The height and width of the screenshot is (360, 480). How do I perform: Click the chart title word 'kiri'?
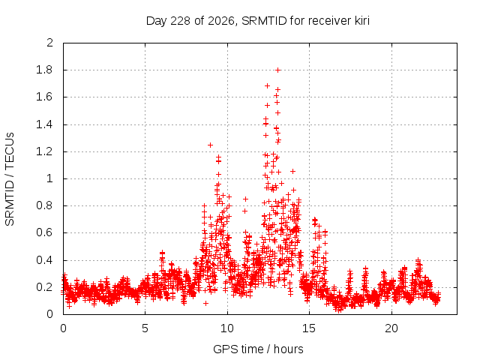[362, 21]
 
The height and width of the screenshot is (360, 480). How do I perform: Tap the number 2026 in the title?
[221, 21]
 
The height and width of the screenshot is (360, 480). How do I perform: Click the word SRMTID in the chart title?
[264, 21]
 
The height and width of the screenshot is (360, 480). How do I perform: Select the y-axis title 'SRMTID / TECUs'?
[10, 179]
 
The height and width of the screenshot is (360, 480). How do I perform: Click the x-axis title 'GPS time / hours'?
[258, 349]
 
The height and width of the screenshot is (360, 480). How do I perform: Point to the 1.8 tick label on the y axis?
[44, 70]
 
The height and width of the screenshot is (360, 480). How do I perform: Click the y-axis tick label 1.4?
[44, 124]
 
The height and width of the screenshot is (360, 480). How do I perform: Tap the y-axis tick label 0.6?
[44, 232]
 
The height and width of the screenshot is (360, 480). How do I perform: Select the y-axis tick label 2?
[49, 43]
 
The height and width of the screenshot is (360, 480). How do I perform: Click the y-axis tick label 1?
[49, 178]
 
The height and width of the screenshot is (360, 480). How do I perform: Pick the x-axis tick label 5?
[145, 328]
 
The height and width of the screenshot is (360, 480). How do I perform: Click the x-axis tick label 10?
[226, 328]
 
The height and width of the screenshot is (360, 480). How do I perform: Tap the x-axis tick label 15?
[309, 328]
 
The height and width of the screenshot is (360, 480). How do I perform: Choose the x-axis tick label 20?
[391, 328]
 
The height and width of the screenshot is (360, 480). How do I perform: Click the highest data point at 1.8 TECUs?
[278, 70]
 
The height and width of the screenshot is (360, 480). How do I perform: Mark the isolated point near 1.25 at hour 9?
[210, 145]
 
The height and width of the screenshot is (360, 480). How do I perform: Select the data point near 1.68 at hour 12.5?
[267, 86]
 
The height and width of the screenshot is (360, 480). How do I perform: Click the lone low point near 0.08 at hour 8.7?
[205, 303]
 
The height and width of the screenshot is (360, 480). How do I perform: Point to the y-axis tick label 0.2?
[44, 287]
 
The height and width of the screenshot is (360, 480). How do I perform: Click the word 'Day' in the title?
[156, 21]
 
